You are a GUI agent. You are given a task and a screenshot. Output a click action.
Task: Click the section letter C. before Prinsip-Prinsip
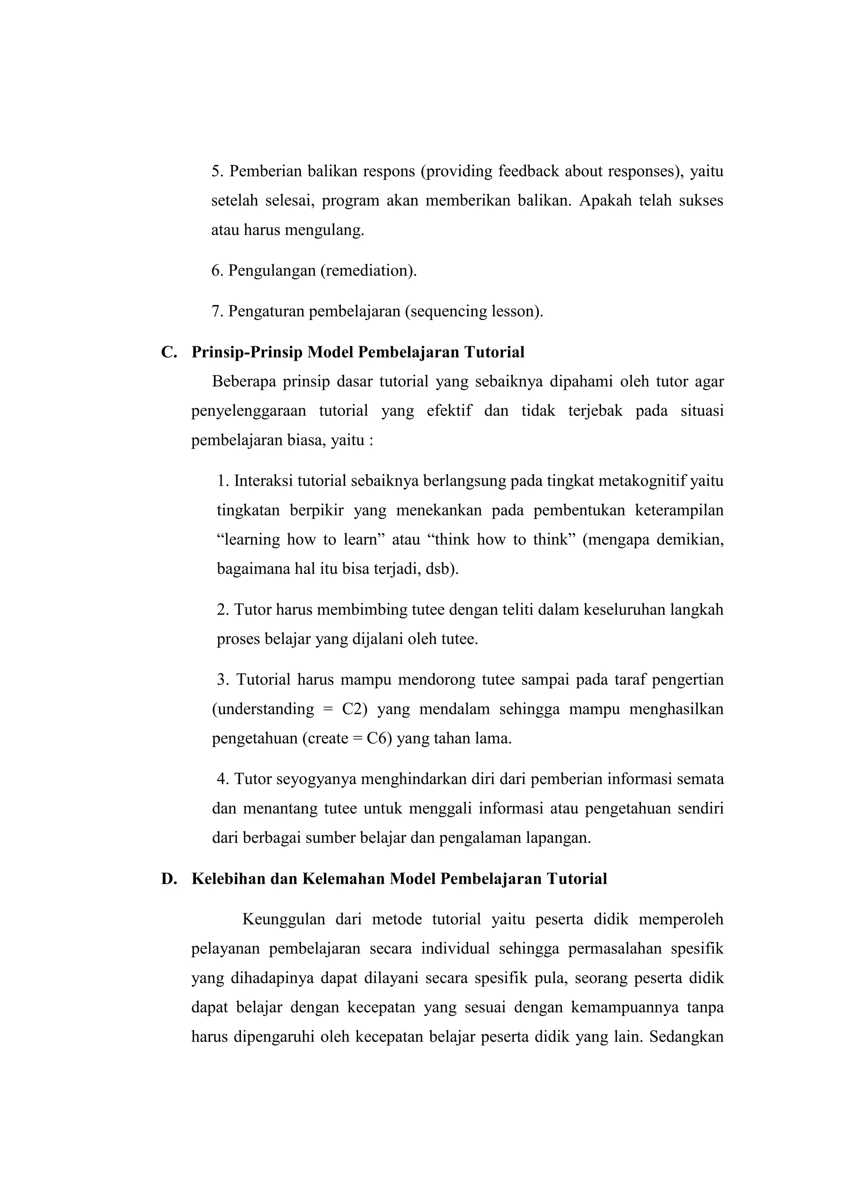(x=169, y=352)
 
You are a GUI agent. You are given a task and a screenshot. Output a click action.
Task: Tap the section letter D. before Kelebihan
(x=169, y=879)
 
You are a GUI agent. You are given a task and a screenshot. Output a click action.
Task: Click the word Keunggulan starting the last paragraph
(x=283, y=919)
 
